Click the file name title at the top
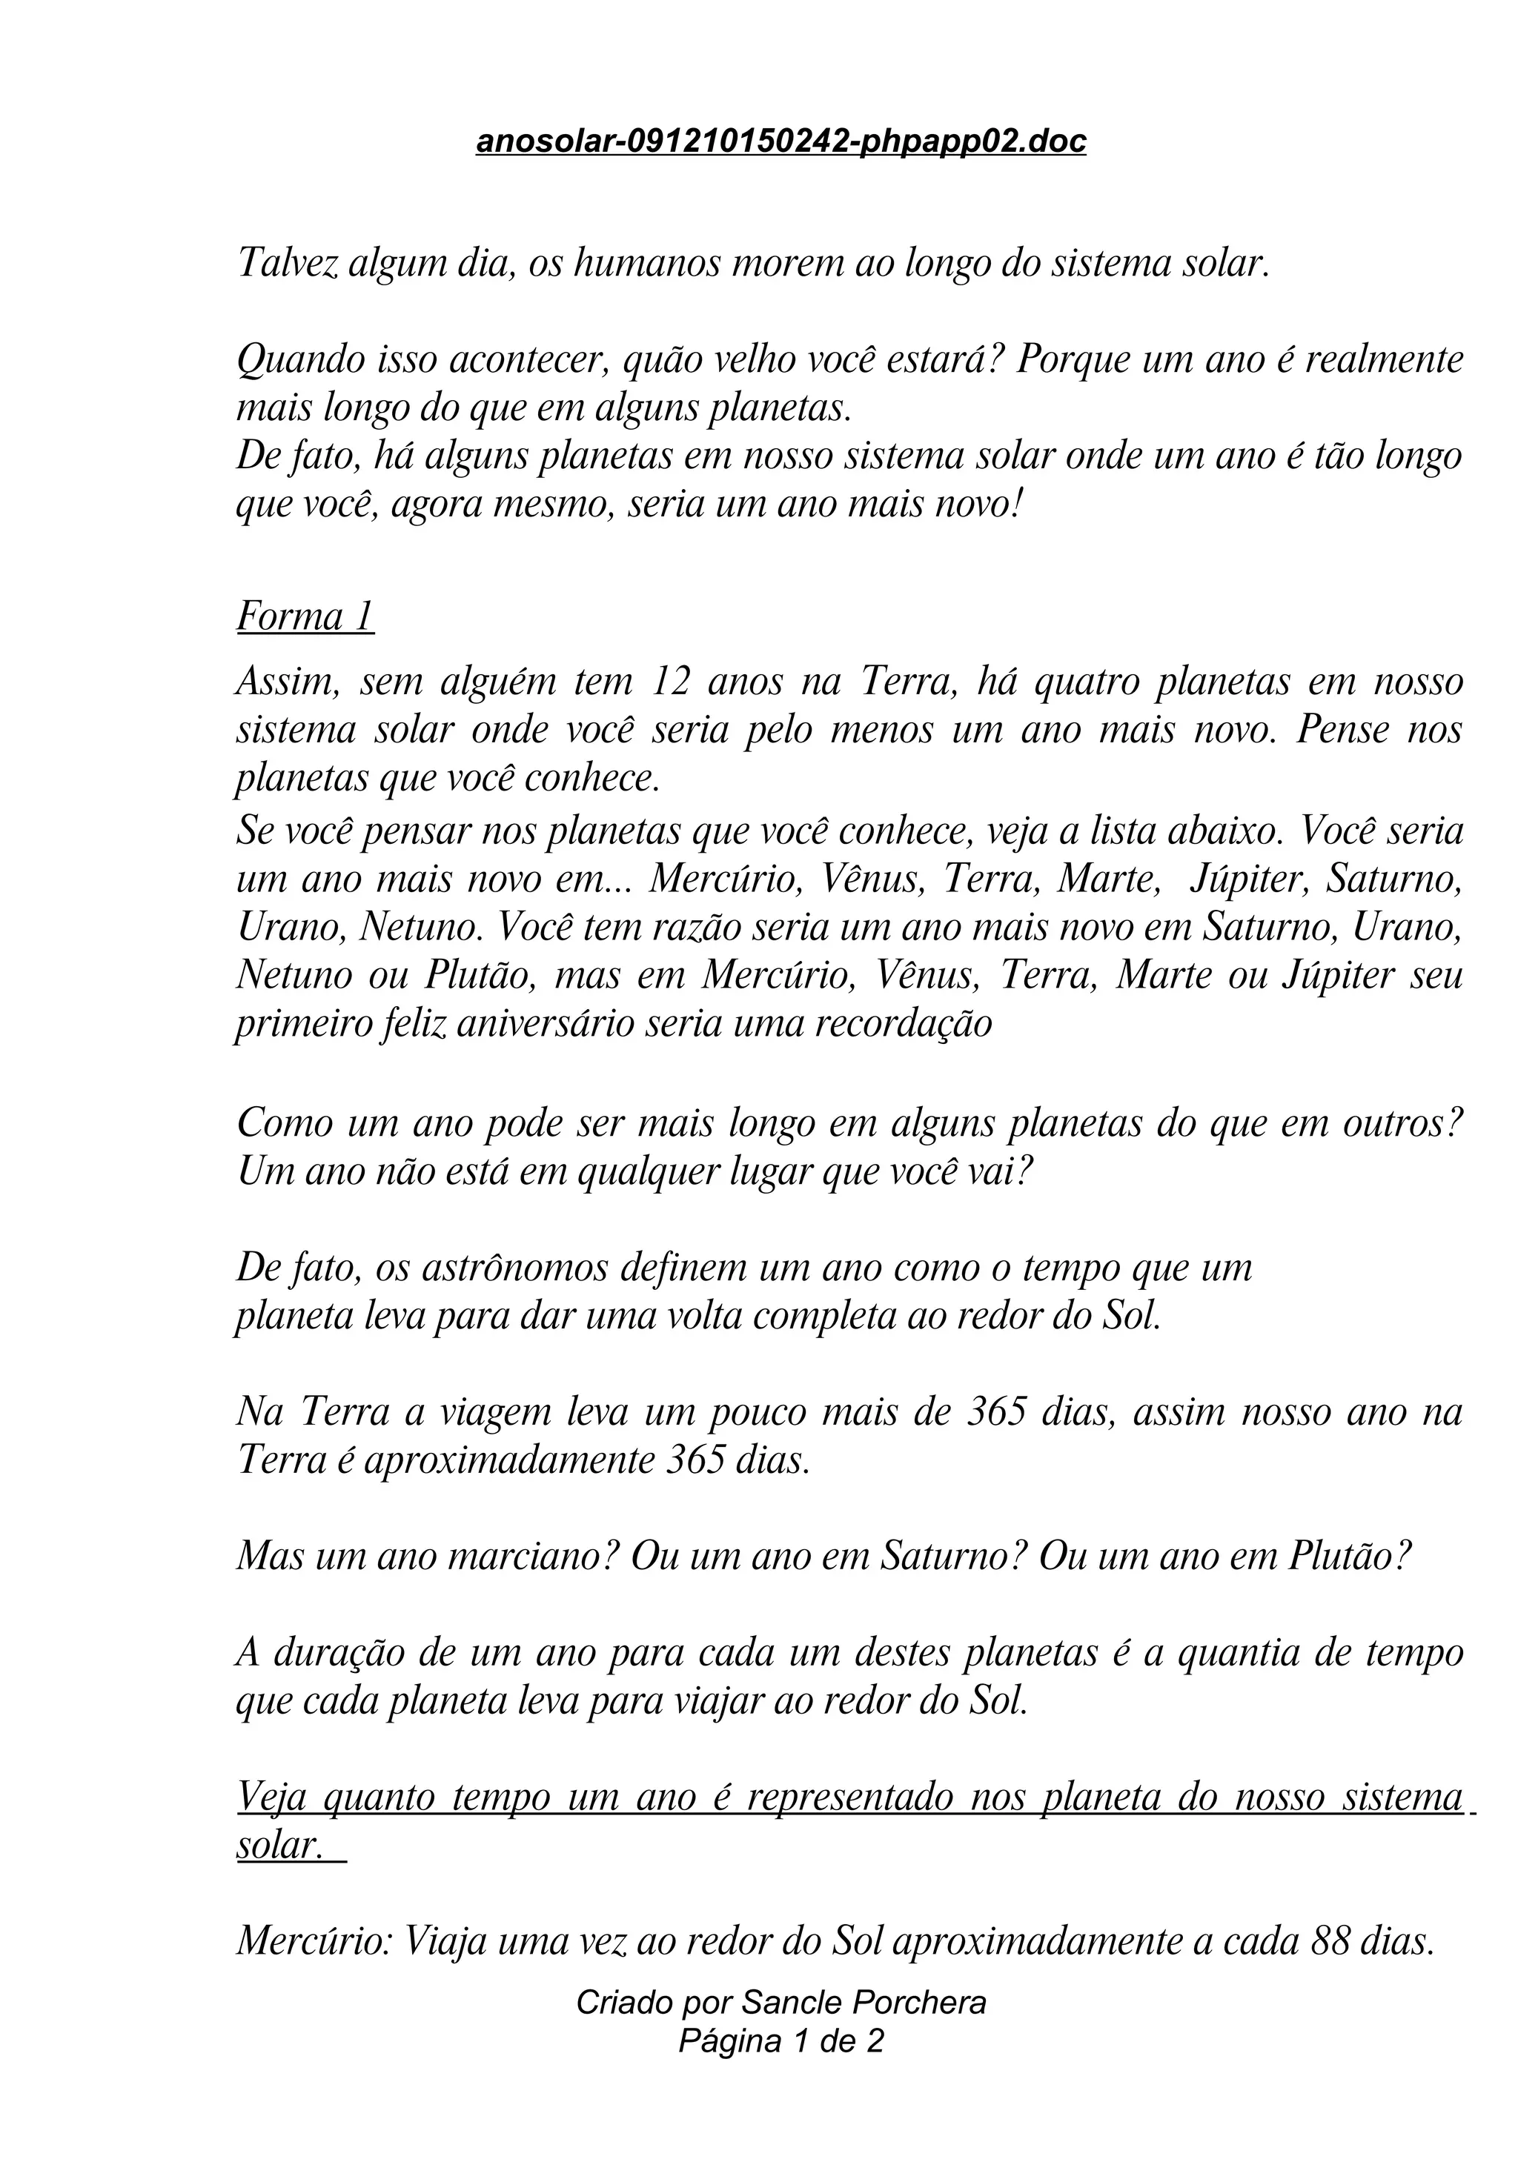coord(780,142)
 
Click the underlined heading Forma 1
coord(305,617)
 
